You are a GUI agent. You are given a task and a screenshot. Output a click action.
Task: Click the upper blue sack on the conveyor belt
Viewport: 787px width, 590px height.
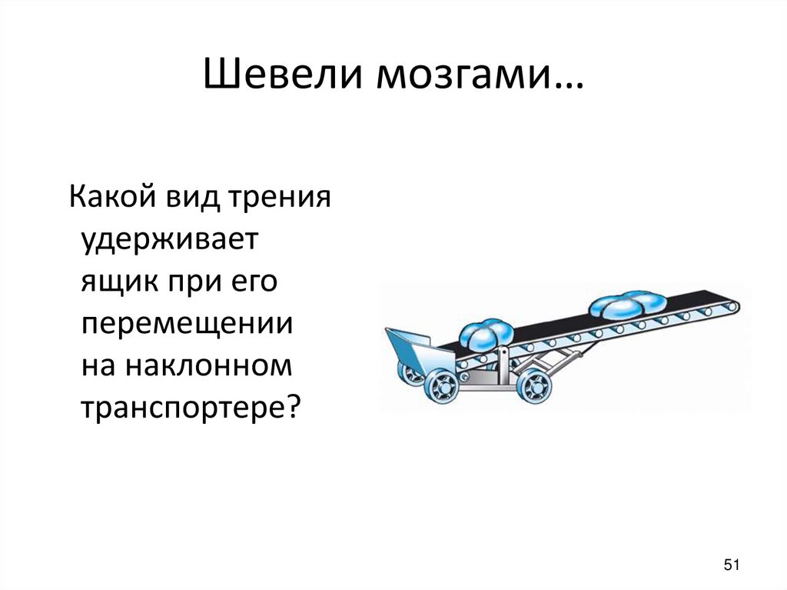(x=627, y=305)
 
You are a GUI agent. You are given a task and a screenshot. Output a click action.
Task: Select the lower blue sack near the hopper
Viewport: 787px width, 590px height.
(x=486, y=334)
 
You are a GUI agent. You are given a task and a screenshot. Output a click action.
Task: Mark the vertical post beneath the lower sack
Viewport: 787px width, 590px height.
(x=503, y=360)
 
